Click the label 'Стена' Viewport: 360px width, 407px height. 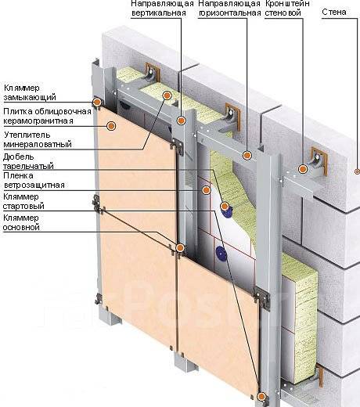(334, 12)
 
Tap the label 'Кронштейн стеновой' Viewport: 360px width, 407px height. (287, 8)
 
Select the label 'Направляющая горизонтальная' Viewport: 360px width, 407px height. (229, 8)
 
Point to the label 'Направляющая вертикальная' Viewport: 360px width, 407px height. (162, 8)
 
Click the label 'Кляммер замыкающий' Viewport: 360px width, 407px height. (30, 92)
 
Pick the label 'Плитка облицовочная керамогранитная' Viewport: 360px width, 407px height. (47, 116)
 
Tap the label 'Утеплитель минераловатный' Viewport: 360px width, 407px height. (38, 139)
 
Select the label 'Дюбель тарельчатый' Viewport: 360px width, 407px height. (28, 161)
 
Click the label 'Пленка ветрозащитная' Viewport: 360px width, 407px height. (34, 180)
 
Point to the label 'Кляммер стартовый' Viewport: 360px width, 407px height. (23, 201)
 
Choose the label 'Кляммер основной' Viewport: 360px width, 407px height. (21, 222)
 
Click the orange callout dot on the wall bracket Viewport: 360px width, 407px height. (303, 169)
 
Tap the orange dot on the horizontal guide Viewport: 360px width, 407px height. (247, 156)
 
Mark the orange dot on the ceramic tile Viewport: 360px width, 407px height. (111, 126)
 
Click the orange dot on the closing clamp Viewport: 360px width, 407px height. (97, 102)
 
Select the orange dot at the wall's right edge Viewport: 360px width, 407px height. (358, 171)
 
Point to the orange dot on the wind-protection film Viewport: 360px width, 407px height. (206, 190)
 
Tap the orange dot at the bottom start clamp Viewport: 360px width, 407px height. (261, 397)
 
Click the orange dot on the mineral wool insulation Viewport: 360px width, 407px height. (167, 95)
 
